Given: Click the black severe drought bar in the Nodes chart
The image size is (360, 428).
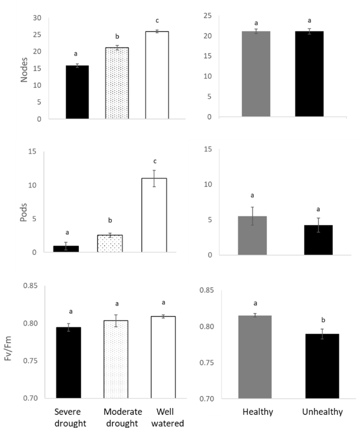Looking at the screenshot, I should point(77,92).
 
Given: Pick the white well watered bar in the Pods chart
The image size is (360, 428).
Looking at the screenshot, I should point(154,215).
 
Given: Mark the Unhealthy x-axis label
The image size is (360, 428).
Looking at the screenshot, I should point(322,412).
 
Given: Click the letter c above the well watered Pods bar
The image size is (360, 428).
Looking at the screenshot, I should point(155,161).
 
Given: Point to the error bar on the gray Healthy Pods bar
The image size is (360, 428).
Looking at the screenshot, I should point(252,216).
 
